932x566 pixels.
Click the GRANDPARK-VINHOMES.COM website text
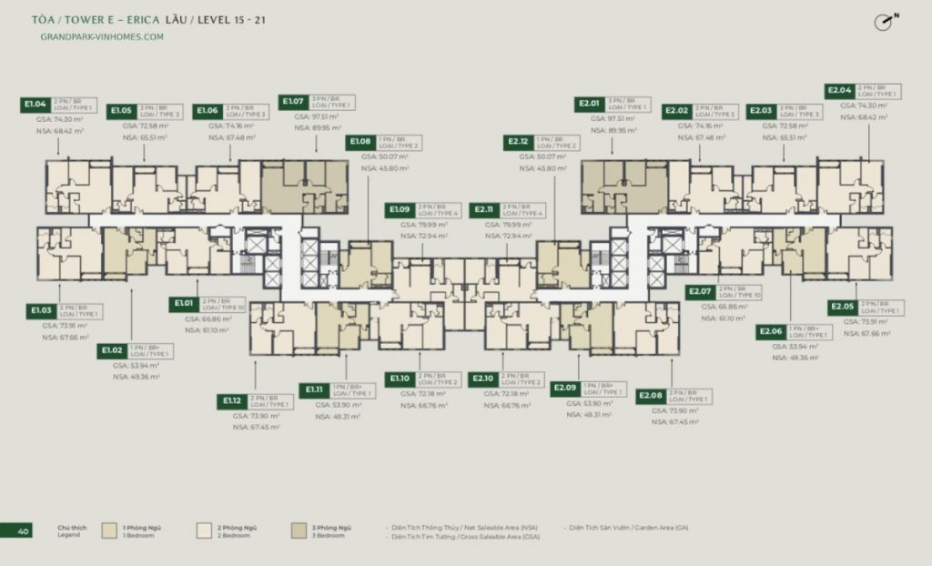(x=102, y=37)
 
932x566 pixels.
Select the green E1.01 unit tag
(x=187, y=304)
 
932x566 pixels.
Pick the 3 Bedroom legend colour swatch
(x=299, y=530)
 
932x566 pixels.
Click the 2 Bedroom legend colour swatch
(x=205, y=530)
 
